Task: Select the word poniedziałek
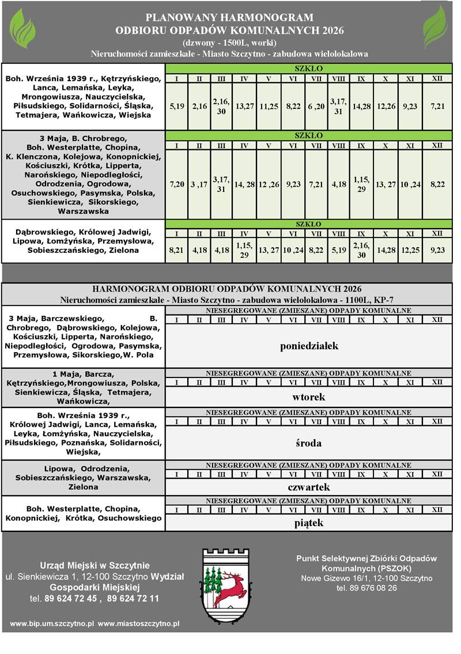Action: tap(309, 346)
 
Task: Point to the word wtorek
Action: tap(309, 397)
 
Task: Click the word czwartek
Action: tap(309, 487)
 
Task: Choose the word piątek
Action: tap(309, 523)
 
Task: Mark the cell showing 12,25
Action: tap(410, 251)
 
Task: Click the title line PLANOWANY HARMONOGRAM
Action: tap(229, 18)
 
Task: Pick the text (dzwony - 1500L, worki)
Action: tap(229, 43)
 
